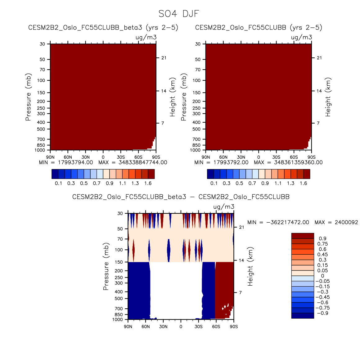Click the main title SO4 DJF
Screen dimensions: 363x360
click(x=178, y=14)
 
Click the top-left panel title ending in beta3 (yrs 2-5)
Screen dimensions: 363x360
click(x=103, y=28)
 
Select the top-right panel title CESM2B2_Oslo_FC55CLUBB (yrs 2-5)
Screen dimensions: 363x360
click(x=259, y=28)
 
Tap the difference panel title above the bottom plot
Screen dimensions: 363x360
click(x=181, y=197)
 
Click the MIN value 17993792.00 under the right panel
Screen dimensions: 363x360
click(x=231, y=162)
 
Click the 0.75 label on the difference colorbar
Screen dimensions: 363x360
click(x=322, y=244)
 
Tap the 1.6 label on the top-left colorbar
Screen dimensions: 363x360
click(x=148, y=183)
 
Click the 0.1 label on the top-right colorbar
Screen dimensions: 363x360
click(x=214, y=183)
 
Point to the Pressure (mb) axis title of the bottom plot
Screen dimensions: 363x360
click(x=106, y=266)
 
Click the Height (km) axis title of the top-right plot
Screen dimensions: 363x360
click(x=328, y=97)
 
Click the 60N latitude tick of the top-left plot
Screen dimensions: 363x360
click(x=68, y=157)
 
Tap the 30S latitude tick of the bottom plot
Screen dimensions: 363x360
click(x=199, y=327)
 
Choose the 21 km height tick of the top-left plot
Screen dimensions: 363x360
click(x=164, y=58)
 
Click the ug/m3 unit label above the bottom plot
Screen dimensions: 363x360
click(x=224, y=207)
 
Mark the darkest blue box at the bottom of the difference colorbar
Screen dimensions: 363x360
click(x=302, y=315)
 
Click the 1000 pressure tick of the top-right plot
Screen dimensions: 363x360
click(x=196, y=150)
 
